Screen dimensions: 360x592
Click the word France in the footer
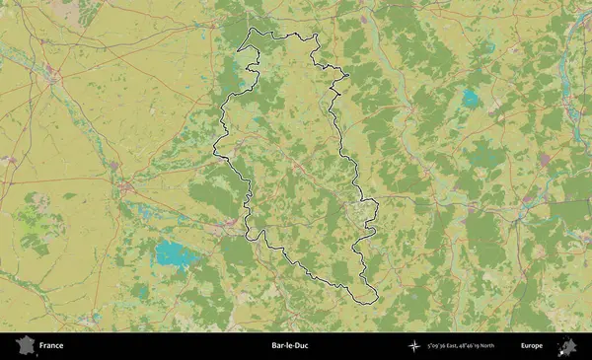[52, 346]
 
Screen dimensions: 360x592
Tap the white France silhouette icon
[23, 346]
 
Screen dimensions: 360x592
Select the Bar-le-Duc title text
[288, 346]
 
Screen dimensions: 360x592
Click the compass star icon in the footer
[413, 346]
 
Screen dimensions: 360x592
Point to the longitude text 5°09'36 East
[447, 346]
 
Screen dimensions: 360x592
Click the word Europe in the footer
[532, 346]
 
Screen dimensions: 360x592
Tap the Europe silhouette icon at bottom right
[568, 346]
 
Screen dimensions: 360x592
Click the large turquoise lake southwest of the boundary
[176, 255]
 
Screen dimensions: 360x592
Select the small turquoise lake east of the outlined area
[471, 99]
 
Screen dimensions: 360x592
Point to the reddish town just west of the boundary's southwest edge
[231, 224]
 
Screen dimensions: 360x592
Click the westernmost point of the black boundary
[214, 150]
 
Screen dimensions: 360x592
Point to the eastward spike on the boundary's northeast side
[349, 76]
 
